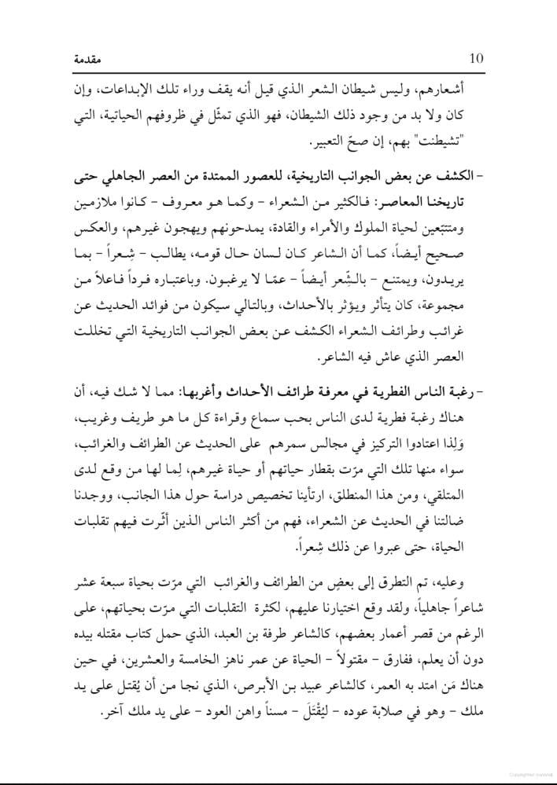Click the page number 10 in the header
476,58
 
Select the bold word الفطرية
382,391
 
